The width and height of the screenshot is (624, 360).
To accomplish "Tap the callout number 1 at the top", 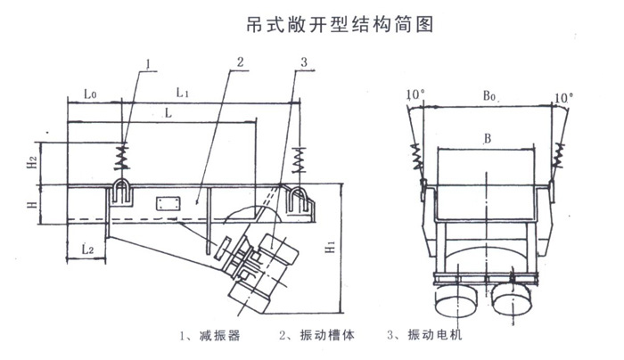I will click(x=149, y=63).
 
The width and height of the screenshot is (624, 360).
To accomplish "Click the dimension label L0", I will click(x=90, y=93).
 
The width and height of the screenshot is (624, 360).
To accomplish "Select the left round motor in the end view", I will click(x=456, y=299).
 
